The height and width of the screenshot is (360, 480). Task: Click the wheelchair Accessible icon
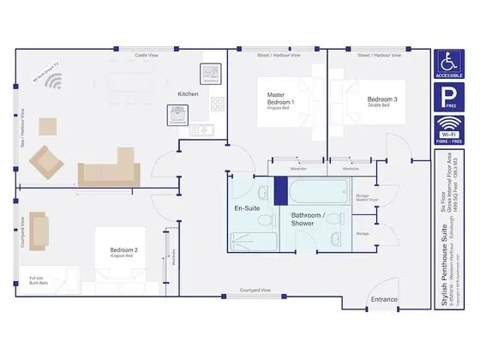coord(450,64)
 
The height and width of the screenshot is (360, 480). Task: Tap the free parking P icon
coord(450,98)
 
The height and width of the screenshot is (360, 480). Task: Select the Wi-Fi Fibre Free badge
coord(450,129)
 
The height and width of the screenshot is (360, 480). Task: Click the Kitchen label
coord(189,93)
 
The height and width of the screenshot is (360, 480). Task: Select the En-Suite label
coord(248,208)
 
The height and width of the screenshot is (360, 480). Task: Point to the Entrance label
coord(383,299)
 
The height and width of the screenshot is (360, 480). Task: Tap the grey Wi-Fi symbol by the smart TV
coord(55,83)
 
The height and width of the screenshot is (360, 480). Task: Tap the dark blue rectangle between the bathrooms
coord(279,191)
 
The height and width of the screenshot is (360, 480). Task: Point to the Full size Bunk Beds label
coord(36,280)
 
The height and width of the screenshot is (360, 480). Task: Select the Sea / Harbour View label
coord(23,128)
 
